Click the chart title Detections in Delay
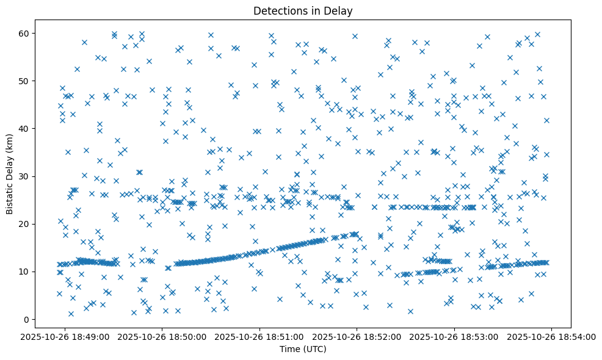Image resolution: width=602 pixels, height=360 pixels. [303, 11]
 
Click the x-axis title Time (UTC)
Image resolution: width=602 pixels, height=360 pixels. [303, 349]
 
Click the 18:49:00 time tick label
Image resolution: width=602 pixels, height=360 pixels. [65, 336]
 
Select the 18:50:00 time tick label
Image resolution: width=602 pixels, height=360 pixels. [162, 336]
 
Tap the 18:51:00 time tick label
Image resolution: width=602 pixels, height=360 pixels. [260, 336]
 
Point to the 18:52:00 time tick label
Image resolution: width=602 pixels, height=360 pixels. [357, 336]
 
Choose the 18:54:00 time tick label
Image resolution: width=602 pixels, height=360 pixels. [552, 336]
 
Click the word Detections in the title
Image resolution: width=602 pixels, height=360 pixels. [278, 11]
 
